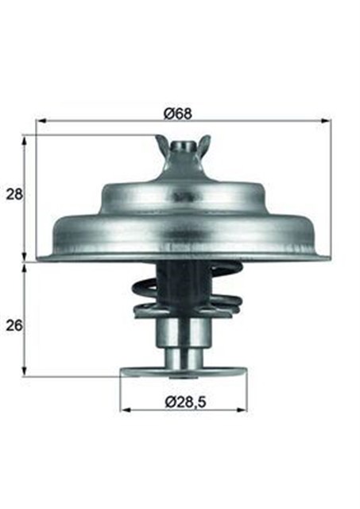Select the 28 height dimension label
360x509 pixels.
tap(14, 194)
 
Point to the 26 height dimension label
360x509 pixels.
tap(14, 325)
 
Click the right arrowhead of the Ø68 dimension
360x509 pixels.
tap(326, 122)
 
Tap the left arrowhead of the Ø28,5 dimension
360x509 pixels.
tap(125, 410)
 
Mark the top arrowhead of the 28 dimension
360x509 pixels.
tap(25, 139)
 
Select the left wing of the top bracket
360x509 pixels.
tap(162, 145)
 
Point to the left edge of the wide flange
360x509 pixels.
tap(41, 255)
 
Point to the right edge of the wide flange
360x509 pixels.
tap(326, 255)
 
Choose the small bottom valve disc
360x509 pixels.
tap(183, 371)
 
